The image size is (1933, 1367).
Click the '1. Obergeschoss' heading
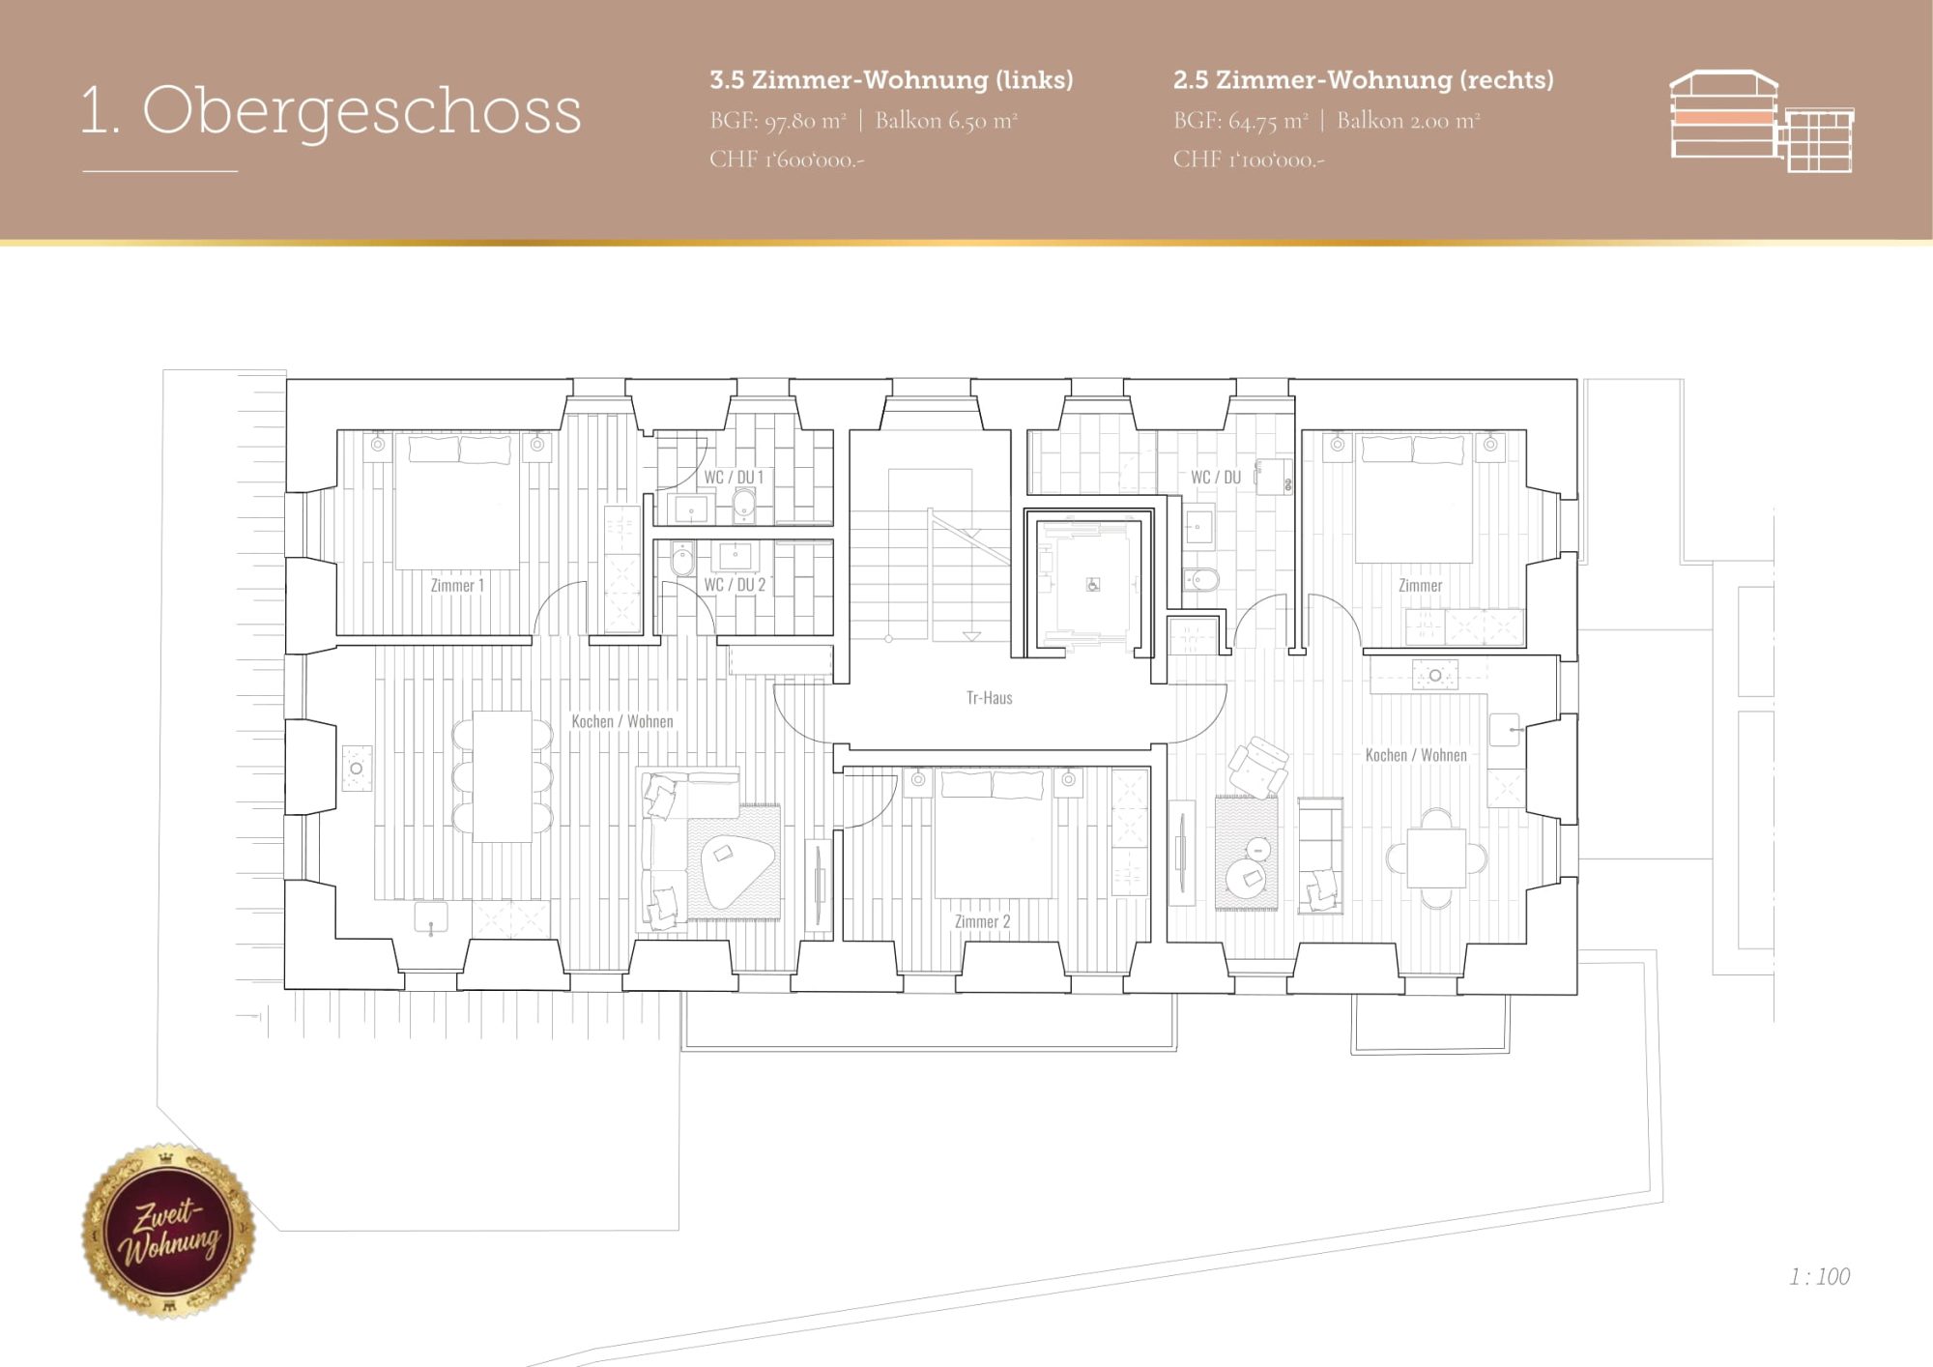332,110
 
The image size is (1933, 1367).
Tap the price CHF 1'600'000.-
787,160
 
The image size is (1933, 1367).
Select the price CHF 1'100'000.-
1249,160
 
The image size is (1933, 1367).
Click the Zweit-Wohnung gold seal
169,1231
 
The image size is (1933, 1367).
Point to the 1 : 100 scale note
1819,1277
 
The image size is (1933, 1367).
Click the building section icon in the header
1761,121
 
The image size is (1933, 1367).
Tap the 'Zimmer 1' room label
457,585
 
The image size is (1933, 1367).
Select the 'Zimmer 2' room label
982,921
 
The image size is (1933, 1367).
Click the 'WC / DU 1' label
734,477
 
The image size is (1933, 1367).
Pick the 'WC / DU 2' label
735,584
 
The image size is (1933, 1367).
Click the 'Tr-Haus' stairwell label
990,697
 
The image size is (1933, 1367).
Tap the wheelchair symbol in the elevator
1093,585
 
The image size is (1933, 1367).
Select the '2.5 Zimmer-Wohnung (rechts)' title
1364,80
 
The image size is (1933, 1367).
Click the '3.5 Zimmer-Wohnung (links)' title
891,80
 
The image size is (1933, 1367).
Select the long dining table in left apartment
503,776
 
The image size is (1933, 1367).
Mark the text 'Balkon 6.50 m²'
946,121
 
